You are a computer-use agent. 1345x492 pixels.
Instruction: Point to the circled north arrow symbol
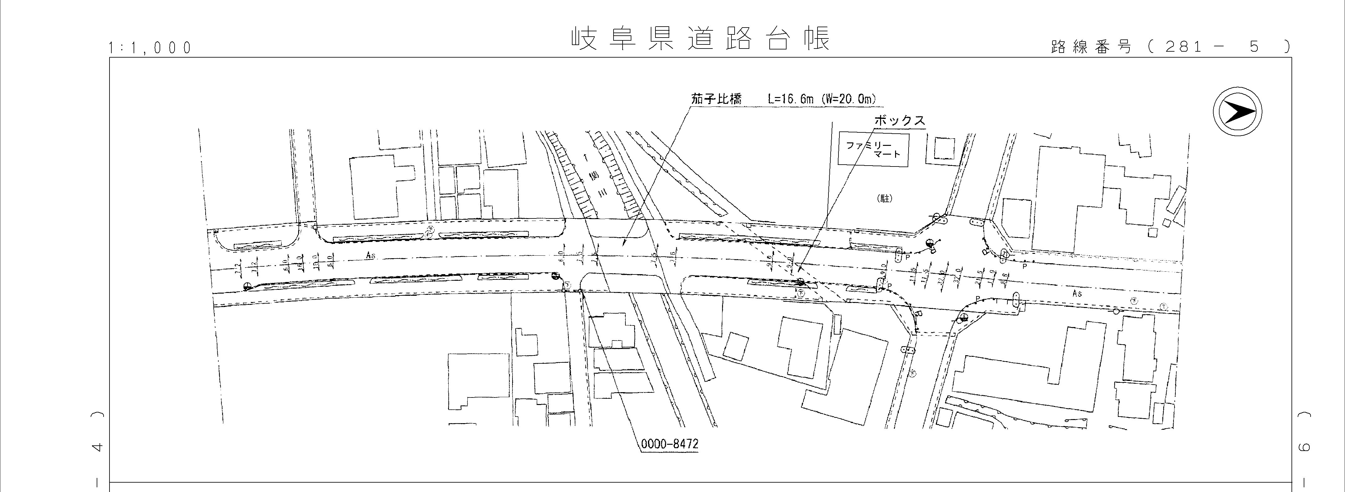[x=1237, y=113]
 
